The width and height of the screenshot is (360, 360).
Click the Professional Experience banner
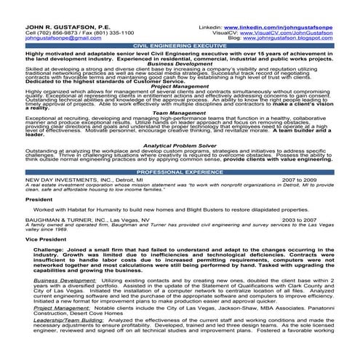(x=180, y=172)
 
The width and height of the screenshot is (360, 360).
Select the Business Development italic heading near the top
(x=180, y=63)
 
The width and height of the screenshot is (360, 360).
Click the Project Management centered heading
(x=180, y=86)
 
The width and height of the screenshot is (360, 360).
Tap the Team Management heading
(x=180, y=113)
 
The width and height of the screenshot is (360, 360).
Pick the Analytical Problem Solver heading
(x=180, y=145)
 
